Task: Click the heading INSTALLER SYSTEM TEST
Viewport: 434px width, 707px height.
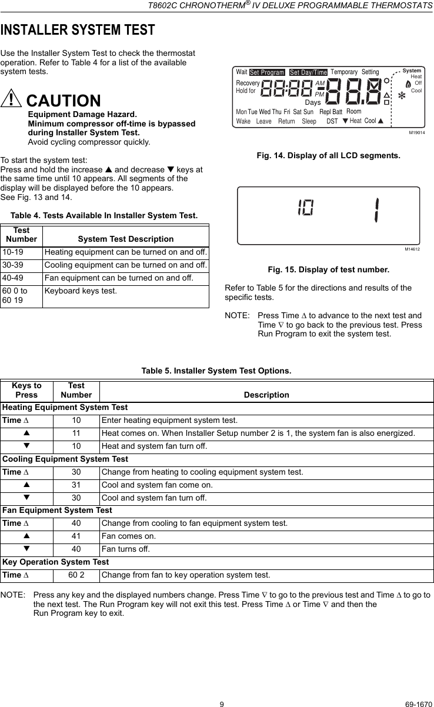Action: tap(78, 29)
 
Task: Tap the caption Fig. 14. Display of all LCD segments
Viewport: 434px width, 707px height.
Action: tap(328, 156)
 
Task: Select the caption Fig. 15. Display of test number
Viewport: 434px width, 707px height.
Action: tap(328, 269)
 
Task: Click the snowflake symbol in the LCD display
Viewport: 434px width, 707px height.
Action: tap(403, 95)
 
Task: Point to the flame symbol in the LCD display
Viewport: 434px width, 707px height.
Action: tap(408, 84)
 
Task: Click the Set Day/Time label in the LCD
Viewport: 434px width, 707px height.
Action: tap(308, 72)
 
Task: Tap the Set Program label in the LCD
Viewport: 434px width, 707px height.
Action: tap(266, 72)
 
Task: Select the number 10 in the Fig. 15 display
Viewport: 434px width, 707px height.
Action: tap(305, 208)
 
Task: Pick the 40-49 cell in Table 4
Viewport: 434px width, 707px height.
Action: tap(22, 278)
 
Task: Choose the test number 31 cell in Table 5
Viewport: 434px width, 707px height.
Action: tap(76, 485)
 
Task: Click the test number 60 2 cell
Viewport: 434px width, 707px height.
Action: tap(76, 575)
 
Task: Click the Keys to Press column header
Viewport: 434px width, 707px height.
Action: tap(26, 390)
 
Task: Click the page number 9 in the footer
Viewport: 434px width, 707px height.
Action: tap(222, 686)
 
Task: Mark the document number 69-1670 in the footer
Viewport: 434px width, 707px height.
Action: tap(416, 686)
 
